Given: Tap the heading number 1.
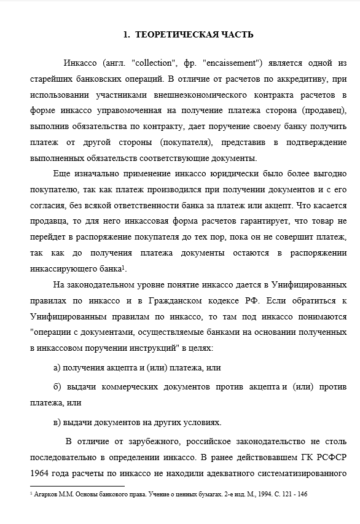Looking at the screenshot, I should pyautogui.click(x=125, y=35).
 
